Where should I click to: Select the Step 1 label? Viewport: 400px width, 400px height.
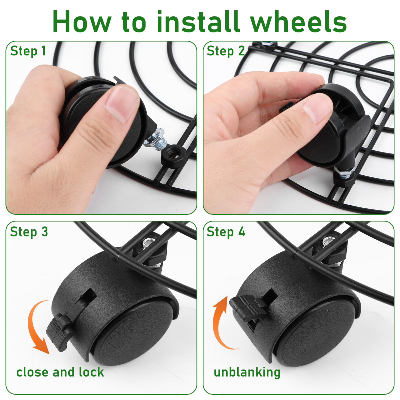[x=28, y=51]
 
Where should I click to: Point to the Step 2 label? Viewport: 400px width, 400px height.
[x=225, y=51]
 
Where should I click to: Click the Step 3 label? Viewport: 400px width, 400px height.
[x=29, y=232]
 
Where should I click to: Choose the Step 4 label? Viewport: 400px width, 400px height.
[x=226, y=232]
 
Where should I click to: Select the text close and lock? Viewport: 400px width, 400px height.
[x=60, y=372]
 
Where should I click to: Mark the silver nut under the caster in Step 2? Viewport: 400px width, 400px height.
[x=344, y=172]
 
